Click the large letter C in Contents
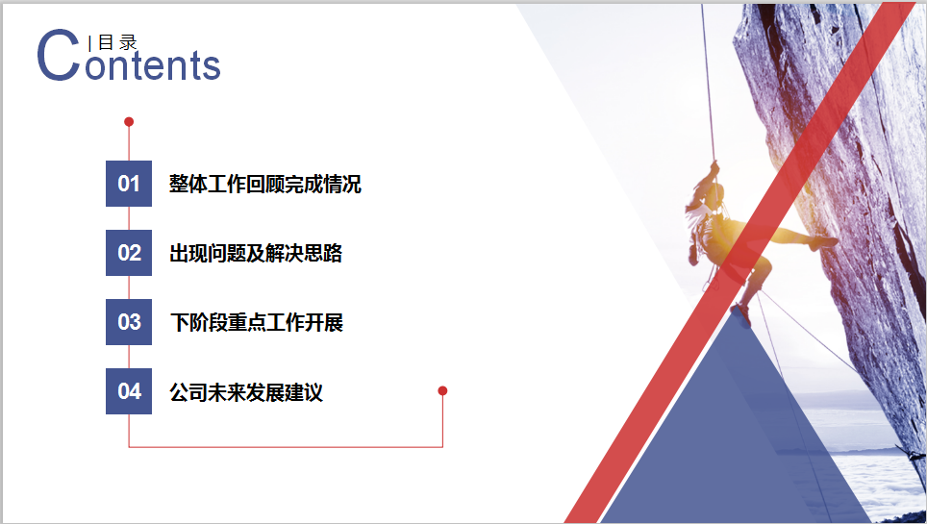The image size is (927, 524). (58, 56)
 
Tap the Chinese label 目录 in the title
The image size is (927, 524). (117, 42)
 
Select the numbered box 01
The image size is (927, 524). (129, 184)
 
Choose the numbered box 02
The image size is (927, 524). (129, 253)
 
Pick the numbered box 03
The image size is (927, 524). (129, 322)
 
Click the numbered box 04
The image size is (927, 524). (129, 391)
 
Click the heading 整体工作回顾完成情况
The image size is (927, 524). (264, 184)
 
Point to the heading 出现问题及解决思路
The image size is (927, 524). (256, 253)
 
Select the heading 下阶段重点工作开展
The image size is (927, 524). (256, 322)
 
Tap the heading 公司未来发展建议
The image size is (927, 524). (246, 391)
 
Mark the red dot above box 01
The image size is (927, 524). (129, 122)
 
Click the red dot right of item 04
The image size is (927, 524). (442, 390)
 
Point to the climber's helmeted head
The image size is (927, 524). (716, 193)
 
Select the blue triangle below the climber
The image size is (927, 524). (736, 437)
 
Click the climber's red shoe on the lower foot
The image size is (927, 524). (740, 313)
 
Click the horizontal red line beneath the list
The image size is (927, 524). (286, 447)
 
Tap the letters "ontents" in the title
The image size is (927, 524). (153, 65)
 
